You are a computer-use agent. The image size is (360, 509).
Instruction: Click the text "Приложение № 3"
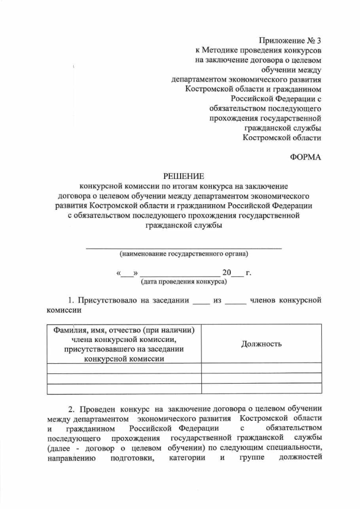[x=290, y=40]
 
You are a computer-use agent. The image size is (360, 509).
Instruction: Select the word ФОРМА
[x=305, y=157]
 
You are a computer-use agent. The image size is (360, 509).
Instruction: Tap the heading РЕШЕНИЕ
[x=183, y=176]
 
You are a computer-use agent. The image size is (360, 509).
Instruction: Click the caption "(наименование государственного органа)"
[x=183, y=254]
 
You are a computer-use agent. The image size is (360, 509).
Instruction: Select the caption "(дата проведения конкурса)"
[x=183, y=281]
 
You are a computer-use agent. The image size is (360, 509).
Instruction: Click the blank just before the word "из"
[x=201, y=301]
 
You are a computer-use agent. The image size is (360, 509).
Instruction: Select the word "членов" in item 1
[x=264, y=300]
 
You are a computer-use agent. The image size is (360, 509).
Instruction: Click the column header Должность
[x=262, y=344]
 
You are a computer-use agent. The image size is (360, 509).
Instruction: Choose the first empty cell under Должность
[x=262, y=368]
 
